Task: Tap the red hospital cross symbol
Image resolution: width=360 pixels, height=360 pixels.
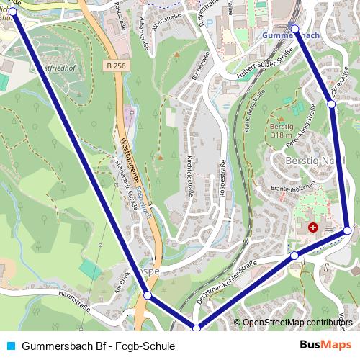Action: click(x=313, y=227)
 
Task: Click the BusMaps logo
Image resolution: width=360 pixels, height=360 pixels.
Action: click(x=325, y=346)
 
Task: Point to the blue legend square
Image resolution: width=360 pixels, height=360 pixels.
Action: click(x=10, y=346)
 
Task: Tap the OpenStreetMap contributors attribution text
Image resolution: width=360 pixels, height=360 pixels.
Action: click(x=297, y=323)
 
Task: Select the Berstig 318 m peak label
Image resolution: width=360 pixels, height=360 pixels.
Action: click(x=282, y=130)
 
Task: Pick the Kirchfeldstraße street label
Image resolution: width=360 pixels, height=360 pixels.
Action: click(x=189, y=177)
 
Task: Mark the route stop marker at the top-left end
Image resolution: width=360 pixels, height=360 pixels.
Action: click(x=12, y=12)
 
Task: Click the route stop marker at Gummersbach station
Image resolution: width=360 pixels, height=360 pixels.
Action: click(x=294, y=28)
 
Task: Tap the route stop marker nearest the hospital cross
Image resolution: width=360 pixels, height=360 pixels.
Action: click(x=347, y=230)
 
